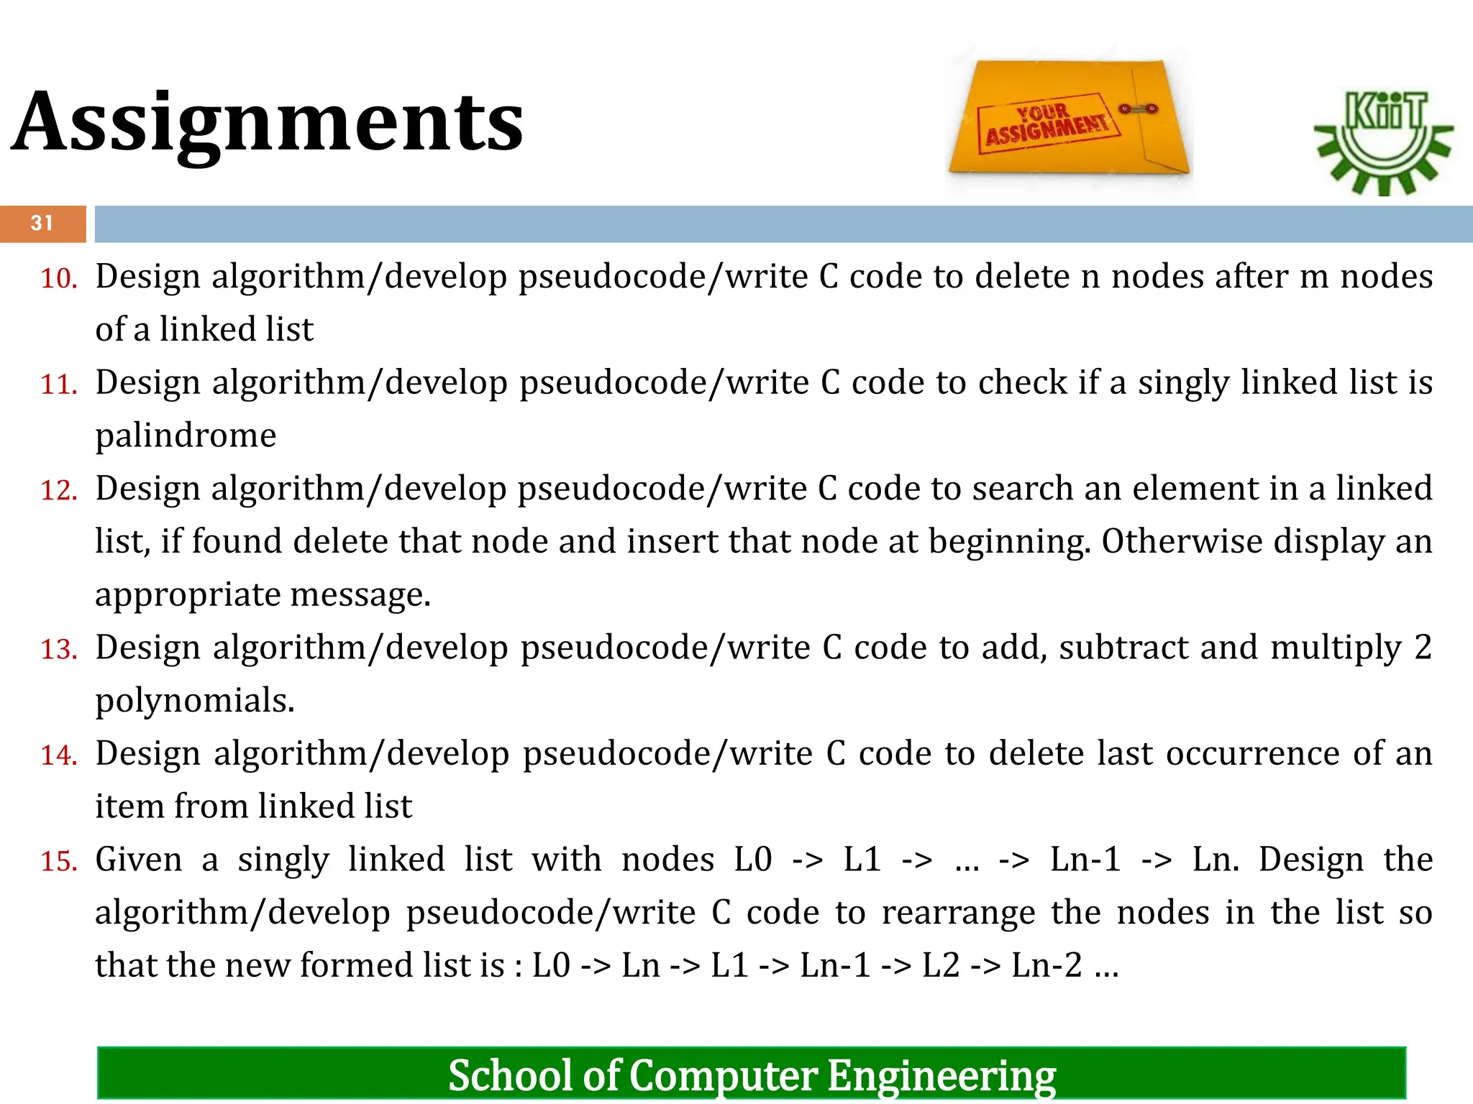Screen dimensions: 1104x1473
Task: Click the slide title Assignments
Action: pos(268,122)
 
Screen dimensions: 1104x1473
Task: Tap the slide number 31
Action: pos(42,224)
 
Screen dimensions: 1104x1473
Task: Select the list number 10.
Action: pos(58,279)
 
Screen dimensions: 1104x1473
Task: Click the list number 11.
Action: pos(58,385)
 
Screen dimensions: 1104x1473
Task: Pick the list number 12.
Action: pos(58,491)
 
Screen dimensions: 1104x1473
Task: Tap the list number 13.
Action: pos(58,650)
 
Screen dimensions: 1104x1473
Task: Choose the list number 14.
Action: pos(58,755)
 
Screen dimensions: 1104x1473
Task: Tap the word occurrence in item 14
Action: pos(1252,754)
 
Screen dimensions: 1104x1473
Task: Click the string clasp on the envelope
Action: pos(1138,109)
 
